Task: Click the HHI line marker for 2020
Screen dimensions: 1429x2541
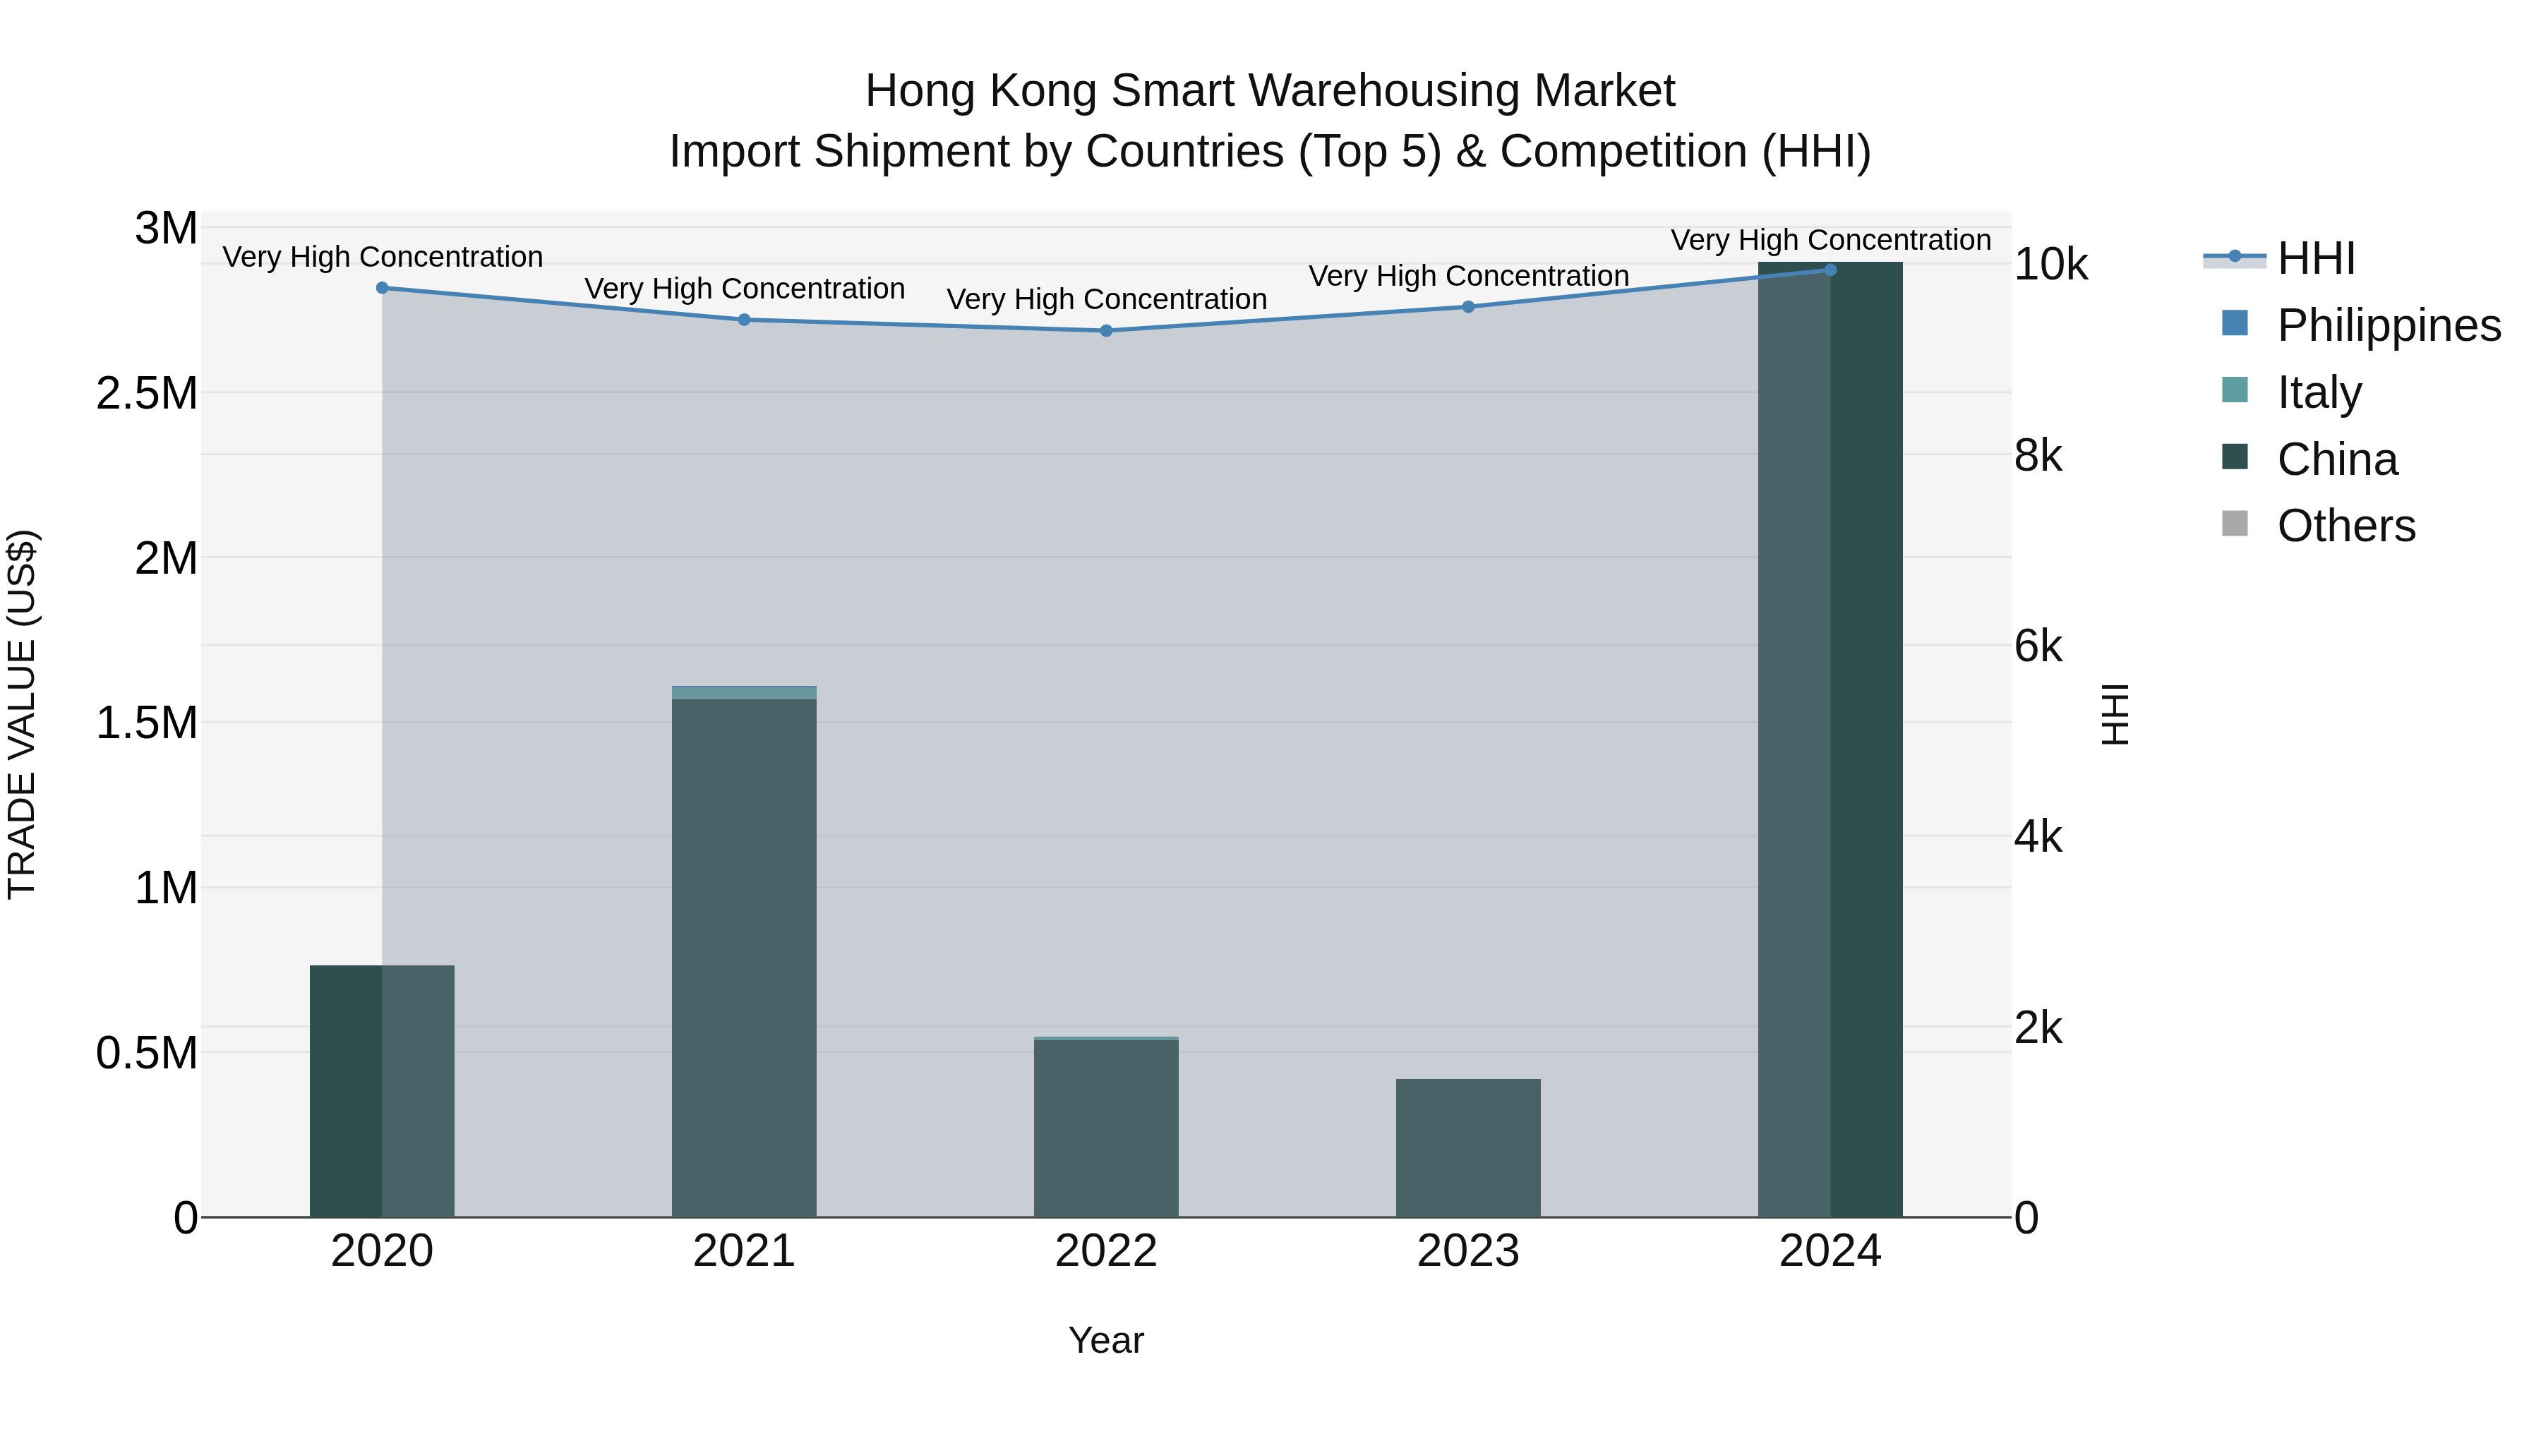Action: click(x=383, y=288)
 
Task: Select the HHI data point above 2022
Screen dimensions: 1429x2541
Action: click(x=1106, y=330)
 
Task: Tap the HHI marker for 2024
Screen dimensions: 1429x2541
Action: click(x=1830, y=270)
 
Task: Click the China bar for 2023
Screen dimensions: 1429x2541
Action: click(x=1468, y=1149)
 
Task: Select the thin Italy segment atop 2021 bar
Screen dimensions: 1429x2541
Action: click(x=744, y=693)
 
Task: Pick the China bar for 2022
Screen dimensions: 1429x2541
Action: click(x=1106, y=1129)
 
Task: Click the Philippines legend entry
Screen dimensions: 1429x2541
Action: click(x=2388, y=325)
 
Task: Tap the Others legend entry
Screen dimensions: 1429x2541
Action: click(x=2345, y=526)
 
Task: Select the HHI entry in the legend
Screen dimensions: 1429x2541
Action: click(x=2315, y=258)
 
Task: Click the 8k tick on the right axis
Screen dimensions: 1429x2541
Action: click(x=2038, y=457)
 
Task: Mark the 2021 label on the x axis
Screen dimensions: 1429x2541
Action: click(x=744, y=1251)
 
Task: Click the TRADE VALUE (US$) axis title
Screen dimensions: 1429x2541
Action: click(x=23, y=714)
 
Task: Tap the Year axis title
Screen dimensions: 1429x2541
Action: click(x=1106, y=1340)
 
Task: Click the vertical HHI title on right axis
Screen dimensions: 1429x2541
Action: click(x=2115, y=714)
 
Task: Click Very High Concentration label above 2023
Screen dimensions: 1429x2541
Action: click(x=1468, y=276)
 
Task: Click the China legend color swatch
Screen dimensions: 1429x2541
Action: click(x=2234, y=457)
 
